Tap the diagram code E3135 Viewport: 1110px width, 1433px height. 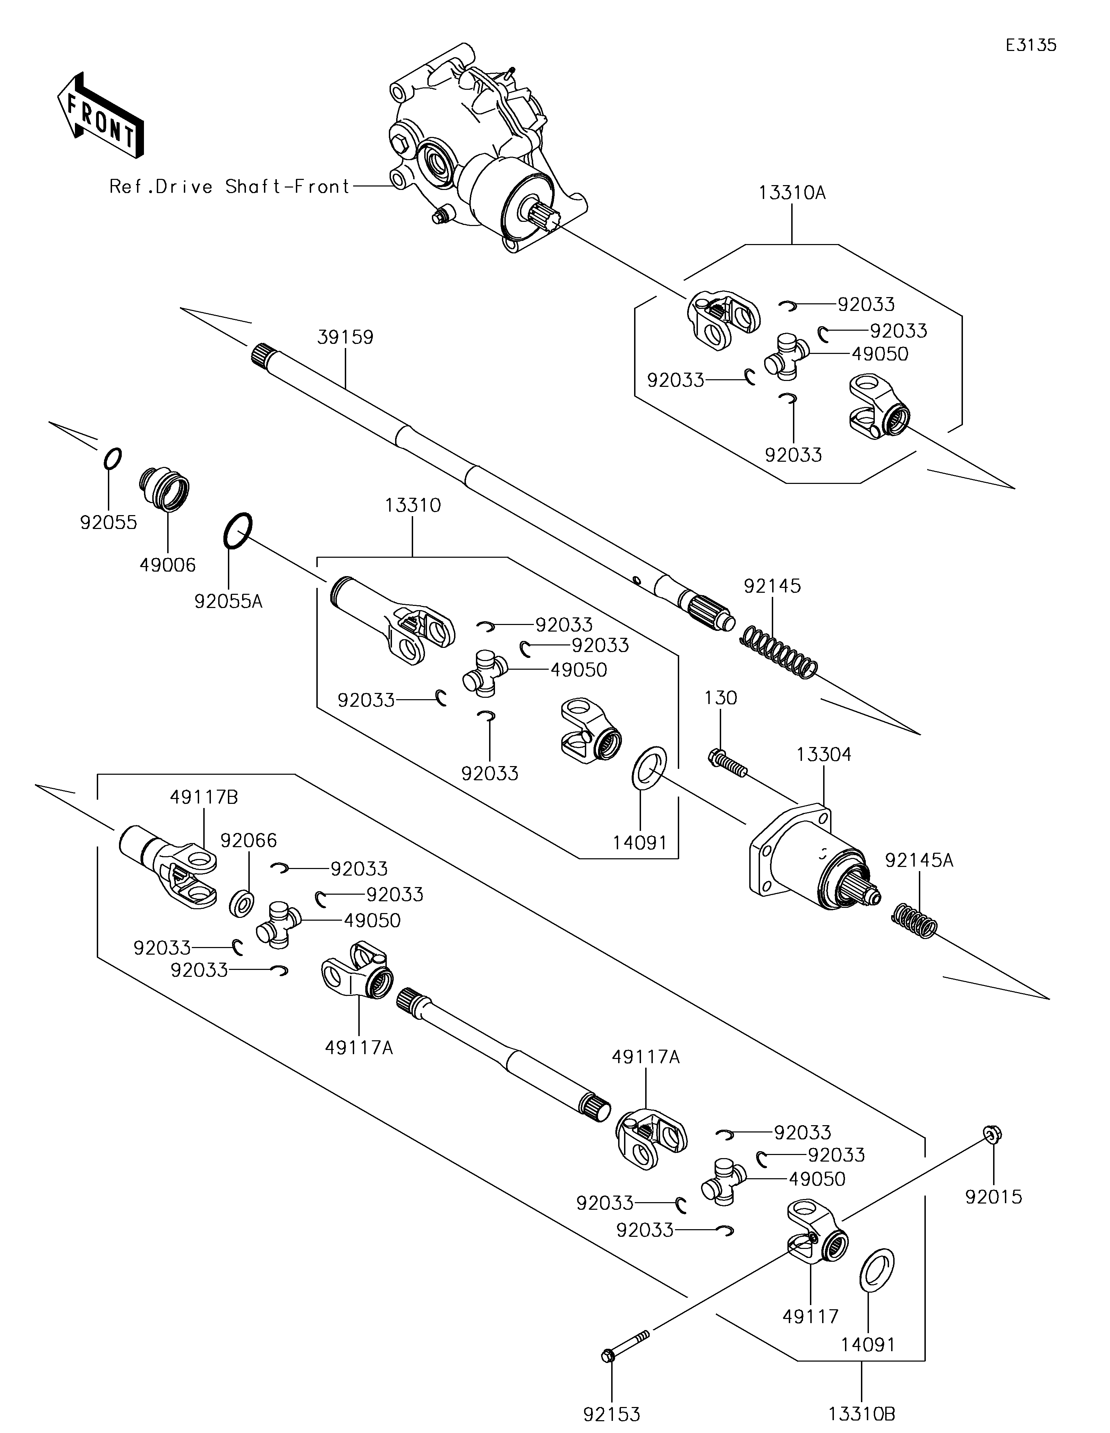pyautogui.click(x=1031, y=45)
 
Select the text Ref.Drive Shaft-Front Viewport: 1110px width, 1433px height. pyautogui.click(x=230, y=187)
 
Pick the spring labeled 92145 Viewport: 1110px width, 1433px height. pyautogui.click(x=779, y=653)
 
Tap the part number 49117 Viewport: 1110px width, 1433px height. pyautogui.click(x=811, y=1316)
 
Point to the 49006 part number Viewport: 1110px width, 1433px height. pyautogui.click(x=168, y=565)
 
